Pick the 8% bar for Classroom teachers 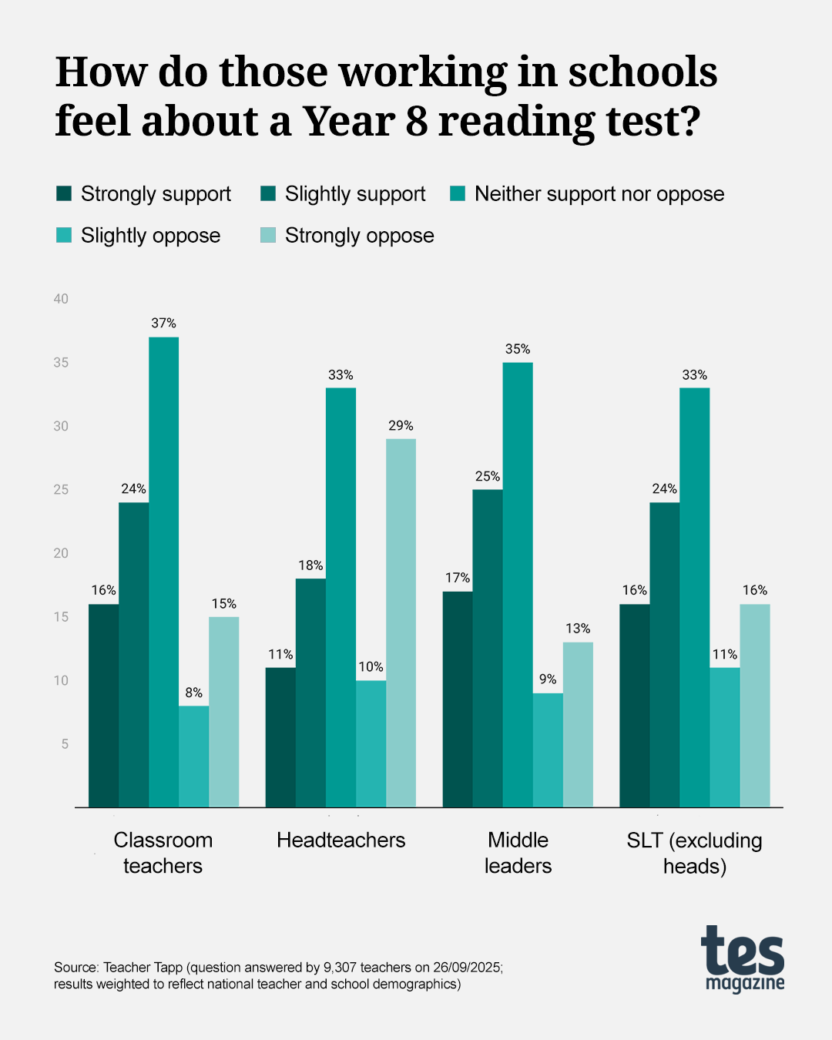coord(193,756)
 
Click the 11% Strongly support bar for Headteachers coord(280,736)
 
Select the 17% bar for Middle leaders coord(458,699)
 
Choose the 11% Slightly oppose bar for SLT coord(724,736)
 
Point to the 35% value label coord(518,349)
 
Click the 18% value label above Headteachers coord(310,565)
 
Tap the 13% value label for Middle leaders coord(578,629)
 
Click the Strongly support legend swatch coord(64,193)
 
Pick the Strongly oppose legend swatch coord(268,235)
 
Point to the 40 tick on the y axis coord(61,299)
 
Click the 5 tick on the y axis coord(65,743)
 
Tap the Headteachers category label coord(341,840)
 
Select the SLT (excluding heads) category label coord(694,853)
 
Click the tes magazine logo coord(743,958)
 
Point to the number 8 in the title coord(417,122)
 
